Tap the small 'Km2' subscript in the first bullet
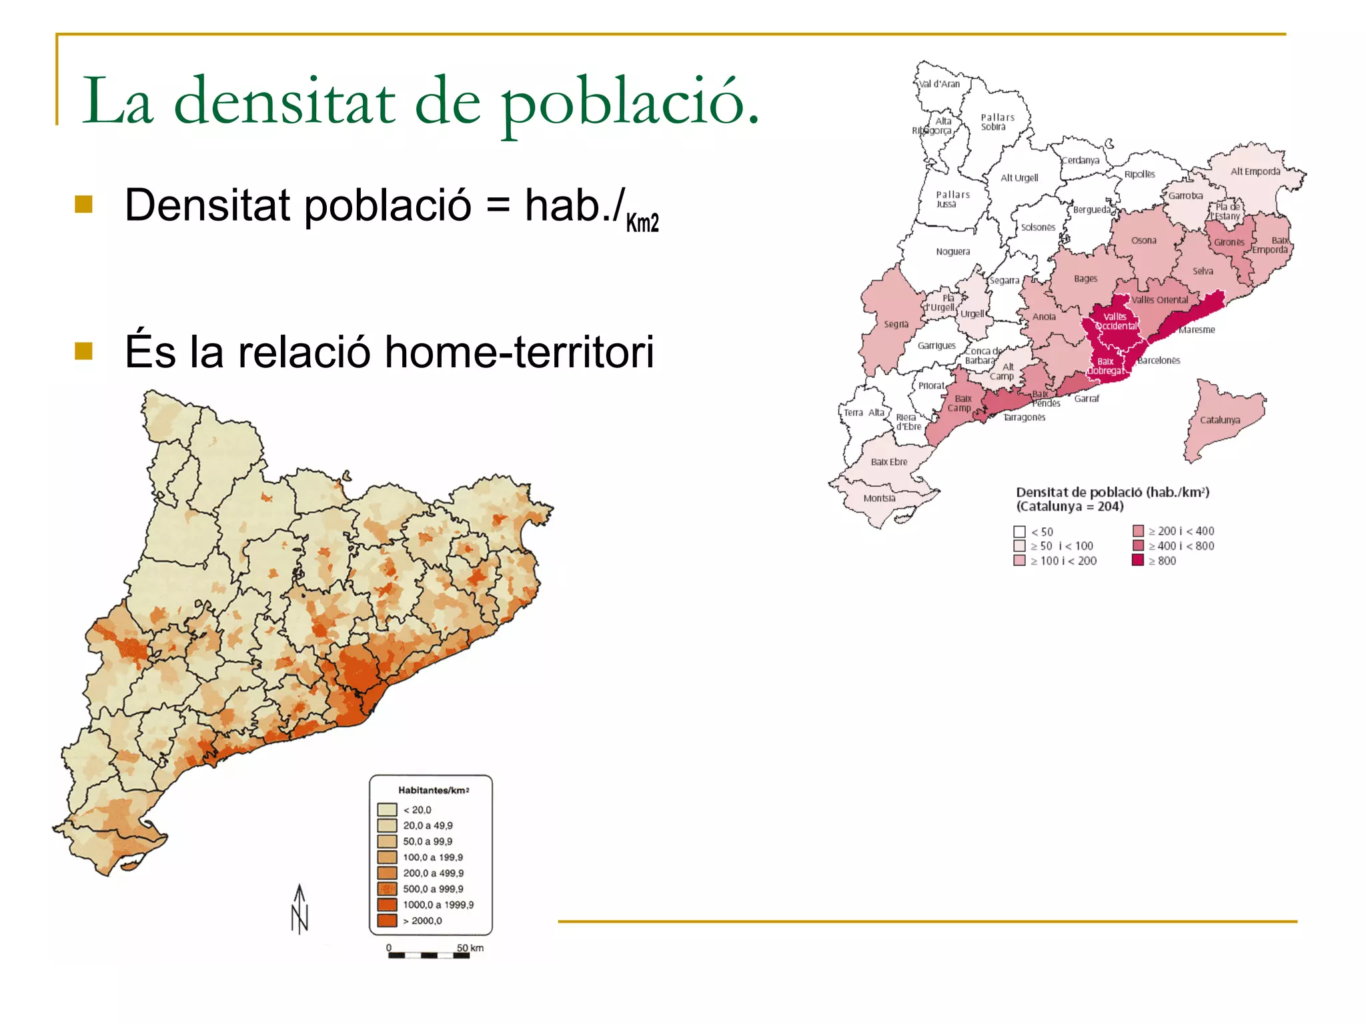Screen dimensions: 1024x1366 642,222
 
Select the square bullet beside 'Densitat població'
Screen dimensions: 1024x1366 83,204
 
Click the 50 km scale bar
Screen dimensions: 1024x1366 429,955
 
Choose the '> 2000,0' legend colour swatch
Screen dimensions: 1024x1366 387,921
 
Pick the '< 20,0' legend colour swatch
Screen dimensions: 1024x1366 387,809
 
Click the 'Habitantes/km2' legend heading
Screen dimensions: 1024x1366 434,790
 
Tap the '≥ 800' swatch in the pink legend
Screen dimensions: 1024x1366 1138,560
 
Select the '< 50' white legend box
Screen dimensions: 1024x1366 1019,531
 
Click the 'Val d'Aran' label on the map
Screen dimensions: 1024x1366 939,84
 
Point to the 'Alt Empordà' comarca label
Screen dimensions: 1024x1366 1255,171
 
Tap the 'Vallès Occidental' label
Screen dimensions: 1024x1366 1116,321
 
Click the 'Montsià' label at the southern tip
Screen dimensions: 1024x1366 879,498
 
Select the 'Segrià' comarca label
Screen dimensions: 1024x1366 896,324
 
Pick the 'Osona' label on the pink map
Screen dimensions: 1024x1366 1144,241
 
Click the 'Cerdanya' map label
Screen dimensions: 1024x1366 1081,160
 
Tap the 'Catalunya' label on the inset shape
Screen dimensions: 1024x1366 1220,420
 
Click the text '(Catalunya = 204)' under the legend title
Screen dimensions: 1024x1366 1070,507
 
